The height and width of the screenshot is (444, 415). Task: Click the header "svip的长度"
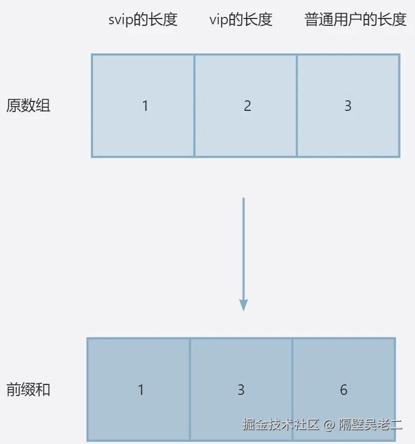(x=143, y=20)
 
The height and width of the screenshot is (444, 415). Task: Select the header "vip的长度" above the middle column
(x=241, y=20)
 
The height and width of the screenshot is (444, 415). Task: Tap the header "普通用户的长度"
(x=356, y=20)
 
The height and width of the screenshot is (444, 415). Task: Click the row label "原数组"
(x=28, y=106)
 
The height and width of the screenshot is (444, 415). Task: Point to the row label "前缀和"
(x=28, y=390)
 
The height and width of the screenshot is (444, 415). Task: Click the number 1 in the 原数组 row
(x=145, y=106)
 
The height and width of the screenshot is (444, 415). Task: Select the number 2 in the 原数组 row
(x=248, y=106)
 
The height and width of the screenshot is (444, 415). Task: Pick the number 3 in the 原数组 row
(x=348, y=106)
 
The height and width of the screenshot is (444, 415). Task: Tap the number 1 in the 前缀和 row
(x=140, y=390)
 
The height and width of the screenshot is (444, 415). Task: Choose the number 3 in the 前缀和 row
(x=241, y=390)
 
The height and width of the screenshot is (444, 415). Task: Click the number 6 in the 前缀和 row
(x=344, y=390)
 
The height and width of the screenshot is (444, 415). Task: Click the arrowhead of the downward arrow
(x=243, y=305)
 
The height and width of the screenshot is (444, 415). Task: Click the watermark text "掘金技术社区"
(x=281, y=424)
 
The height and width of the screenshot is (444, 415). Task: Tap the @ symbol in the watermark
(x=328, y=424)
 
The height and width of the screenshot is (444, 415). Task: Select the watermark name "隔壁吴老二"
(x=371, y=424)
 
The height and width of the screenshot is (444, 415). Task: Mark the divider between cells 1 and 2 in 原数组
(x=194, y=106)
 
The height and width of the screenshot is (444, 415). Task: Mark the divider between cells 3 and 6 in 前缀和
(x=293, y=390)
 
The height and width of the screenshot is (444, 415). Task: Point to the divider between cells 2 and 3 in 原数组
(x=297, y=106)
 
